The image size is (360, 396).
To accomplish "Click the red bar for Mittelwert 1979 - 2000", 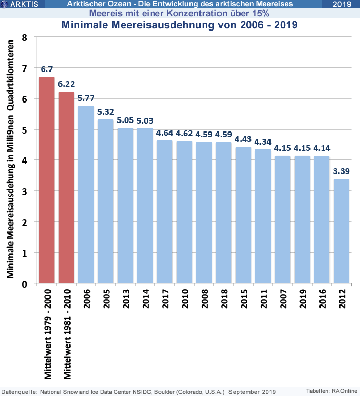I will (47, 180).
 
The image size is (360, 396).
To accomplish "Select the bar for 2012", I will (341, 231).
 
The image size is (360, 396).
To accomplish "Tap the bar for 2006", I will (86, 195).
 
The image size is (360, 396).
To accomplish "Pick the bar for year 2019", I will (302, 219).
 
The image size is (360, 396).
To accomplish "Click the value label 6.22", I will (66, 84).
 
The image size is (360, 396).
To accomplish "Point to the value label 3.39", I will (341, 171).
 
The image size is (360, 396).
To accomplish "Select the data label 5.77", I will (86, 98).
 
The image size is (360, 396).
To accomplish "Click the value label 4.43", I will (243, 139).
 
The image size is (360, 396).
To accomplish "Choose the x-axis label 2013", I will (125, 304).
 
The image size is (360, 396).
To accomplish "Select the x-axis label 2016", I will (322, 304).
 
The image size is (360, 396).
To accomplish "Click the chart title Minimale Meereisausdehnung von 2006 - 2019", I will (179, 24).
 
